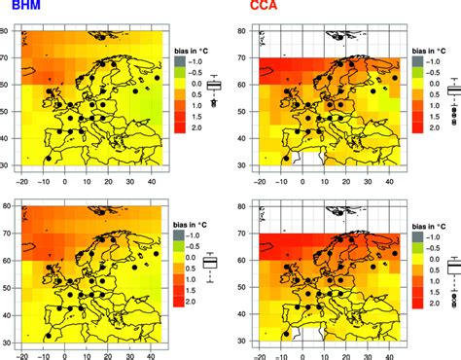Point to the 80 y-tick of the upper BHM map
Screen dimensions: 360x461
click(8, 31)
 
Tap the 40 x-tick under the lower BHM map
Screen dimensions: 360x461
click(150, 354)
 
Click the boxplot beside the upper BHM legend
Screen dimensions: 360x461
click(214, 86)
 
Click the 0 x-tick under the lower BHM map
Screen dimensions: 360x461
click(65, 354)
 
